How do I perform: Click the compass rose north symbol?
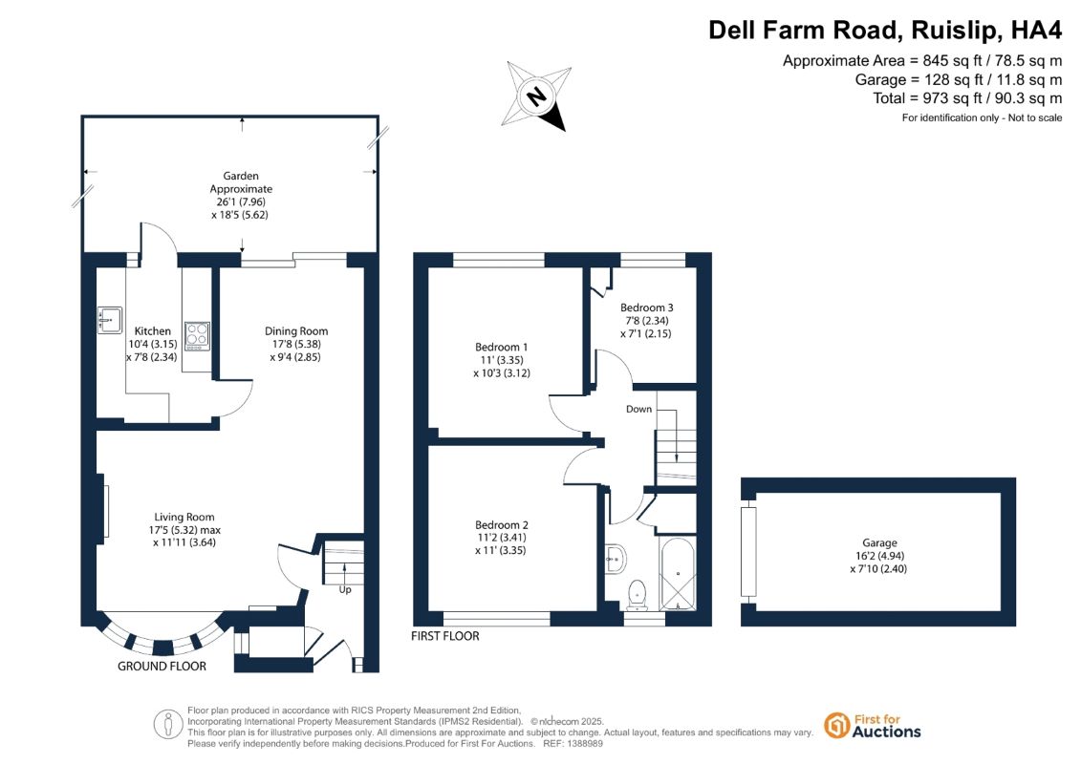point(537,95)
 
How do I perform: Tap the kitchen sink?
point(110,320)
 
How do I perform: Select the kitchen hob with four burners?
point(197,336)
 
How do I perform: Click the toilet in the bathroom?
point(637,595)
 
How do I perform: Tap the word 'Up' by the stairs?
point(345,589)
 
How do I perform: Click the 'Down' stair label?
point(638,409)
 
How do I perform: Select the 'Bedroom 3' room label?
point(647,308)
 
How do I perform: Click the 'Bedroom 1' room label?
point(501,348)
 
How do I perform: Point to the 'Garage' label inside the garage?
point(879,542)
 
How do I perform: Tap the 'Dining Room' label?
point(296,331)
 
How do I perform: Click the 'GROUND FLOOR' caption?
point(162,667)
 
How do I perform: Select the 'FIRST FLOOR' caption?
point(445,636)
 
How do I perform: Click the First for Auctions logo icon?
point(837,726)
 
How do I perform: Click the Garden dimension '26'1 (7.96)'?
point(241,202)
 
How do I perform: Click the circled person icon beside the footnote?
point(167,725)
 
